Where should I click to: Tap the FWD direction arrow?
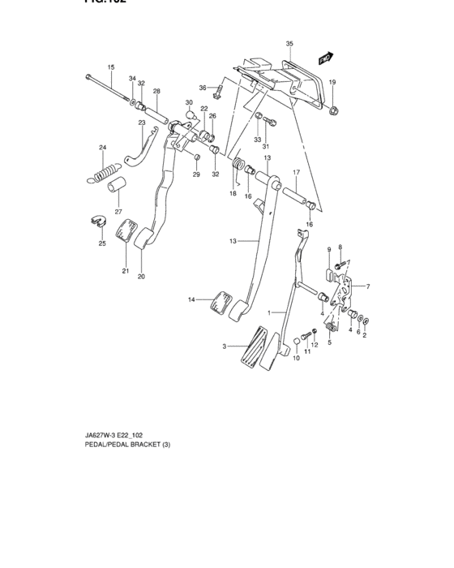(x=326, y=58)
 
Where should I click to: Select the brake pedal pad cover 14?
(x=219, y=301)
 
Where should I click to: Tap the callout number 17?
(x=297, y=173)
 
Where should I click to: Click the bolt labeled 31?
(x=272, y=124)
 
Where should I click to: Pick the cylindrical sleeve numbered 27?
(x=115, y=187)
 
